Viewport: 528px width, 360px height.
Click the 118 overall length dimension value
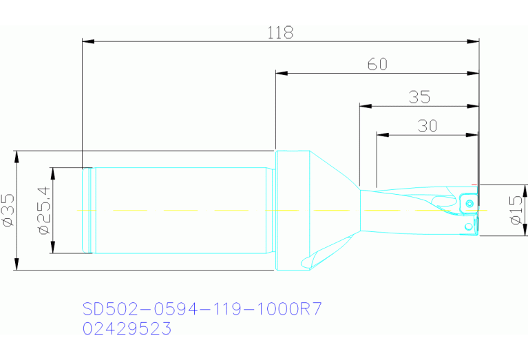point(280,32)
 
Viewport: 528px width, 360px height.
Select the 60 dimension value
point(377,64)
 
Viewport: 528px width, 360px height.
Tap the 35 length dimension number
point(419,97)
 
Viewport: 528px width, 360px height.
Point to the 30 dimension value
point(427,125)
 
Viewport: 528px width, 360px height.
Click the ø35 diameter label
point(8,211)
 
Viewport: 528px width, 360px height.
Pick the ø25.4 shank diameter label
point(43,211)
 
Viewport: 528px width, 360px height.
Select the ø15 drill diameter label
point(516,211)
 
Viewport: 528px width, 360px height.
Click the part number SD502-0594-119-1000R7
point(202,308)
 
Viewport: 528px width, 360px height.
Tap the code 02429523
point(127,329)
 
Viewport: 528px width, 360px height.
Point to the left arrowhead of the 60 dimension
point(280,72)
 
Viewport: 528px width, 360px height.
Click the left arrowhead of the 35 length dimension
point(364,106)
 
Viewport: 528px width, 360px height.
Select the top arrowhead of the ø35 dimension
point(17,156)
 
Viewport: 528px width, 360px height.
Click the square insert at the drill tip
point(467,203)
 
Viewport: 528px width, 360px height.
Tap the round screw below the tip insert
point(468,225)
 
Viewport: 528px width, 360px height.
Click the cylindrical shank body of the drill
point(179,211)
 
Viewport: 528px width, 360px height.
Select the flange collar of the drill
point(291,211)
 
